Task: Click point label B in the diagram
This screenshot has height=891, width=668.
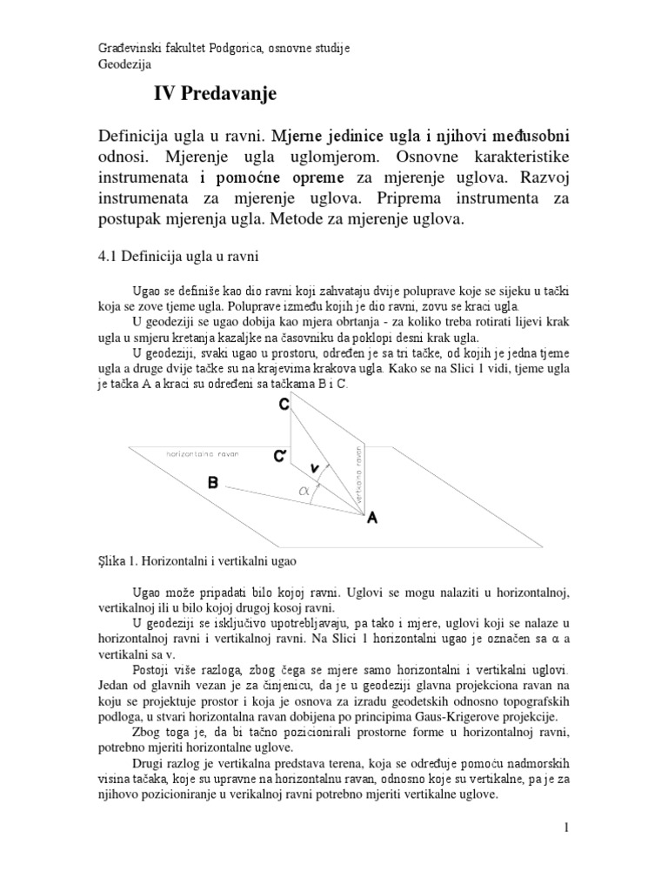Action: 213,483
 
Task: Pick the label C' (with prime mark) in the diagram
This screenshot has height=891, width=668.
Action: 281,455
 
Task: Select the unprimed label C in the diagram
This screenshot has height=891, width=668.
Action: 284,405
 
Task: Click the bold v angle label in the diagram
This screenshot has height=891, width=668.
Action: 314,468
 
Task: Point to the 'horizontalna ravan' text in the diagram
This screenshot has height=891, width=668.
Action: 202,454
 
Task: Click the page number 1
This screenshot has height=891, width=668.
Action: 565,827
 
